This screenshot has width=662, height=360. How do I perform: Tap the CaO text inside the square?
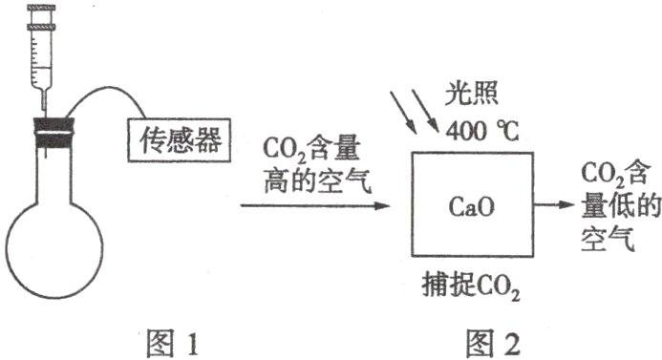click(x=474, y=204)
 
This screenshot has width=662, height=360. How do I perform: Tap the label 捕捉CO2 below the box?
click(x=473, y=284)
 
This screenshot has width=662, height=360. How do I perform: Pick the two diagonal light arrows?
click(x=414, y=113)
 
